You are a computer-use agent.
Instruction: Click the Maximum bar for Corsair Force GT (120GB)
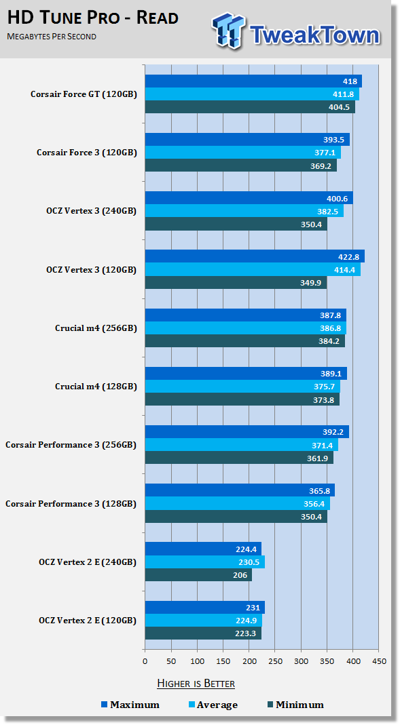253,81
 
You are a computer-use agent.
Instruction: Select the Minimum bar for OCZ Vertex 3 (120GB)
236,283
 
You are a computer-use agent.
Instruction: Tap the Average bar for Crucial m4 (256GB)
245,328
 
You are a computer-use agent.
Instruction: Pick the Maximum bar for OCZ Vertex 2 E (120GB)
205,608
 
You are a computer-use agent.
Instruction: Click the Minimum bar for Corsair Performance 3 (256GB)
239,458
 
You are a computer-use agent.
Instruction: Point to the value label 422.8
348,257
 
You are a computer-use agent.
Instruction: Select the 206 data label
240,575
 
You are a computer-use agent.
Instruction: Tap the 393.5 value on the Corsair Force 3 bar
334,140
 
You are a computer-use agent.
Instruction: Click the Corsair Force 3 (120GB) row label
87,153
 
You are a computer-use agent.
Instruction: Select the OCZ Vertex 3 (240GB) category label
92,212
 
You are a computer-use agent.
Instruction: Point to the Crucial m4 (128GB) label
96,387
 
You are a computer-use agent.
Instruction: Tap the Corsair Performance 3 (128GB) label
71,503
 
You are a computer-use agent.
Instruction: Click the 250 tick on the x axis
275,661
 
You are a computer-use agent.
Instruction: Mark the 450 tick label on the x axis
379,661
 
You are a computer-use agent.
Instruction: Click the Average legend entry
213,705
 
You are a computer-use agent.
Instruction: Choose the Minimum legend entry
295,705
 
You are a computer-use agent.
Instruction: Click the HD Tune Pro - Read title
92,18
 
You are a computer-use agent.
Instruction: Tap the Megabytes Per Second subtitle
52,37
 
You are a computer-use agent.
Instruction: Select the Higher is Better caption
196,684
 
